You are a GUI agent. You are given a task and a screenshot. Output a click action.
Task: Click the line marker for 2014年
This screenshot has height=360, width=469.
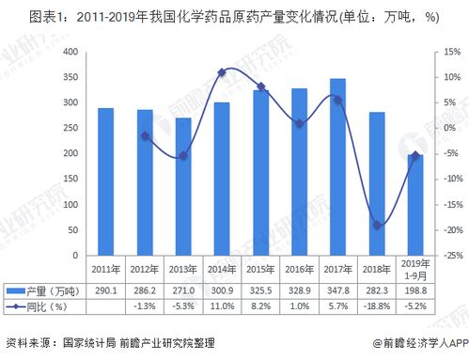pyautogui.click(x=222, y=72)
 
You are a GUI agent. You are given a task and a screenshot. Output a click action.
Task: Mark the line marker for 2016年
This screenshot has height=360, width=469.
pyautogui.click(x=299, y=124)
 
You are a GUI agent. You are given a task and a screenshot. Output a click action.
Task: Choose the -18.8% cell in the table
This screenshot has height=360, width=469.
pyautogui.click(x=377, y=306)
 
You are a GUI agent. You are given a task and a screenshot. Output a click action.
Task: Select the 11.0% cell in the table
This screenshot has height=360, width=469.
pyautogui.click(x=222, y=306)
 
